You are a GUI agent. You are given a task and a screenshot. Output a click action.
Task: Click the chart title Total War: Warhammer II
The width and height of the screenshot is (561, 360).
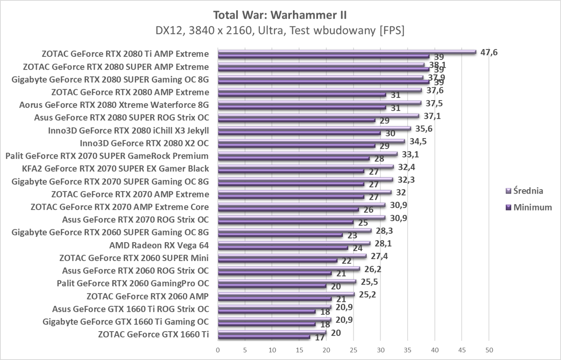click(280, 15)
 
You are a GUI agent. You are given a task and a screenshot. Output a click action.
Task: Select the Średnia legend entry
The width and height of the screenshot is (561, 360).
click(528, 191)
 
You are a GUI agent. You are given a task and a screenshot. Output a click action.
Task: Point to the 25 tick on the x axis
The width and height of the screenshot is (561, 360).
click(353, 350)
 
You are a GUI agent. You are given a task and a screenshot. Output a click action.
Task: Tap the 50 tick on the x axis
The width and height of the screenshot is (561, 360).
click(489, 350)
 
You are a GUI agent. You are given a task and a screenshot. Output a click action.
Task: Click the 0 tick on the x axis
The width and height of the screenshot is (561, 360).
click(218, 350)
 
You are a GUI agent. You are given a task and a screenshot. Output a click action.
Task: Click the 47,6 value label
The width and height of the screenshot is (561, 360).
click(489, 52)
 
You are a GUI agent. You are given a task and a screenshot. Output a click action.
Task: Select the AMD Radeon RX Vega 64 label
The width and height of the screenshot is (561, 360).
click(159, 245)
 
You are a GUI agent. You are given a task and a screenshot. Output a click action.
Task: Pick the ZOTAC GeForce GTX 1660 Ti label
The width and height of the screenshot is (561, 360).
click(153, 334)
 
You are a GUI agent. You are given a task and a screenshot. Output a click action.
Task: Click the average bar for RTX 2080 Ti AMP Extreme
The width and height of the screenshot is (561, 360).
click(347, 52)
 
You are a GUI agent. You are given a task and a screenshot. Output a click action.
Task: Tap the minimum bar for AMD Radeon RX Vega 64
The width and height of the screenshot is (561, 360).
click(283, 247)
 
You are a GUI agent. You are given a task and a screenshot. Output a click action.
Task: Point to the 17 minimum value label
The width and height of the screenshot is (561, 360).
click(319, 338)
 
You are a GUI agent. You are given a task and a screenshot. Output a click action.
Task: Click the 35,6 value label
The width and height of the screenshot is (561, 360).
click(424, 129)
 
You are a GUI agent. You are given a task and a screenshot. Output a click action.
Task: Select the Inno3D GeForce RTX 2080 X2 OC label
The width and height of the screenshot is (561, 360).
click(144, 143)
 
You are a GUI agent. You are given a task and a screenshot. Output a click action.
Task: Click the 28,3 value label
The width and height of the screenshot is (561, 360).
click(384, 231)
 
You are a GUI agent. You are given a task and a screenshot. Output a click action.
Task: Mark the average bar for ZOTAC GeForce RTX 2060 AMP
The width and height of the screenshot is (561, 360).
click(286, 294)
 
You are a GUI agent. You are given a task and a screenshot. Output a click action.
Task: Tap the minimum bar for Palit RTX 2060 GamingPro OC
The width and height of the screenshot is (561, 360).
click(272, 286)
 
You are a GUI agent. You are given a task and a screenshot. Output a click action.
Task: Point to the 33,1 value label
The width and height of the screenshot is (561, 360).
click(410, 154)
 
